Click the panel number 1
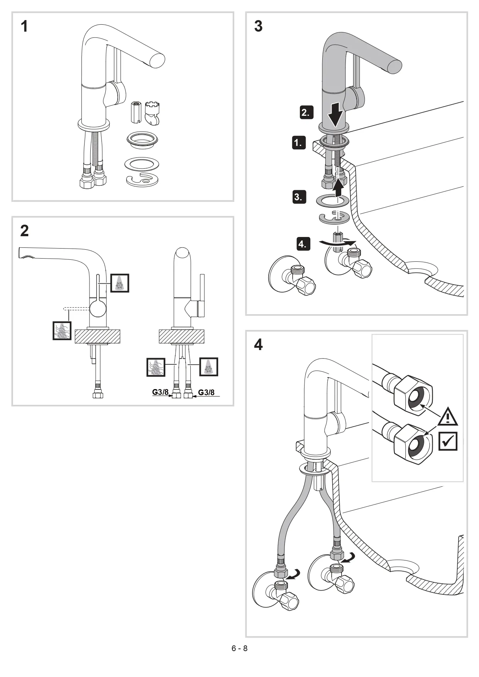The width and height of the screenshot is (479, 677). coord(24,27)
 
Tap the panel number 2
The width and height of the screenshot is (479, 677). coord(24,231)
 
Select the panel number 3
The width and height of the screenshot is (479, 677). coord(258,27)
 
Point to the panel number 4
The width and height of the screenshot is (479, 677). coord(258,344)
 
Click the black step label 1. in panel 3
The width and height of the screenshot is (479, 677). coord(298,142)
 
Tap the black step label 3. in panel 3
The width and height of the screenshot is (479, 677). coord(299,197)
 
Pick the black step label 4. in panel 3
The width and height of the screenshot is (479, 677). coord(303,244)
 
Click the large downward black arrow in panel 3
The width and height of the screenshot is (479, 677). coord(335,114)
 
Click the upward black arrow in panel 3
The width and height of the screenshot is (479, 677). coord(339,184)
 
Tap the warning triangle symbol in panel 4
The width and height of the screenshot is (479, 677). coord(447,417)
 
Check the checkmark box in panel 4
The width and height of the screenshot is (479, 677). coord(448,441)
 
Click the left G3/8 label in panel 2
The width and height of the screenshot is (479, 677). coord(160,392)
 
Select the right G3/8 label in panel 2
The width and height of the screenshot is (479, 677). coord(206,393)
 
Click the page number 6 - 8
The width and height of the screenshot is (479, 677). coord(239,648)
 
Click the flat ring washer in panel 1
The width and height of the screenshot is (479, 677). coord(142,164)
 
